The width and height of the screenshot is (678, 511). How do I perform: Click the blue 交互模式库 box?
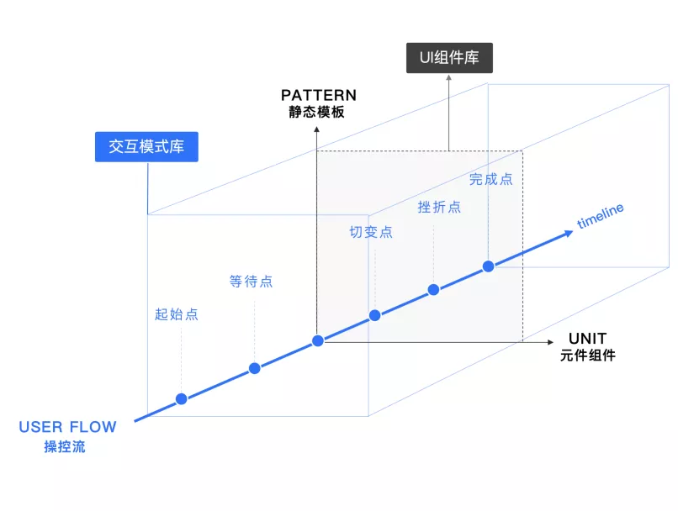coord(146,147)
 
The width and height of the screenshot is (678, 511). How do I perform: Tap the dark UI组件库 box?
coord(449,58)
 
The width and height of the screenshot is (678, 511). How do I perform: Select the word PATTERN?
coord(319,95)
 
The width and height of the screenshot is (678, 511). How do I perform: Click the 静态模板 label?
coord(319,112)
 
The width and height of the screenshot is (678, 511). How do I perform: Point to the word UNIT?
coord(587,338)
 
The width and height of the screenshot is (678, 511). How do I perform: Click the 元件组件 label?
coord(588,355)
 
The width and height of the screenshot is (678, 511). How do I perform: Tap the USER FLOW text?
coord(67,427)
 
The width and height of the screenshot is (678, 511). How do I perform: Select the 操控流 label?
coord(65,446)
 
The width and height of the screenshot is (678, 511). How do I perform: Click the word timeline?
coord(600,216)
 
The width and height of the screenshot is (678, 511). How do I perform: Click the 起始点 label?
coord(177,314)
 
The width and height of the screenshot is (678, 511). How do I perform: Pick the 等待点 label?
coord(251,281)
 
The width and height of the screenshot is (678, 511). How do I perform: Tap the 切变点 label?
coord(371,232)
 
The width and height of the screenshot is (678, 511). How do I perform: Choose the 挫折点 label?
coord(439,206)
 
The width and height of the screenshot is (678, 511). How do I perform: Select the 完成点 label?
coord(490,178)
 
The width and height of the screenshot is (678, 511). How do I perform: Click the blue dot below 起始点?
coord(181,398)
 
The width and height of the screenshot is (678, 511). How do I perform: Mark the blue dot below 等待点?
coord(254,368)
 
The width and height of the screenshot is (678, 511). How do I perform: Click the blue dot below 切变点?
coord(375,316)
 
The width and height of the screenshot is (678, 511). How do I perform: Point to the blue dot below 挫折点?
coord(433,290)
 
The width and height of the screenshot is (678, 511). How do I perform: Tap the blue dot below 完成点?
coord(488,266)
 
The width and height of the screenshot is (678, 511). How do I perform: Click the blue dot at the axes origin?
coord(317,340)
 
